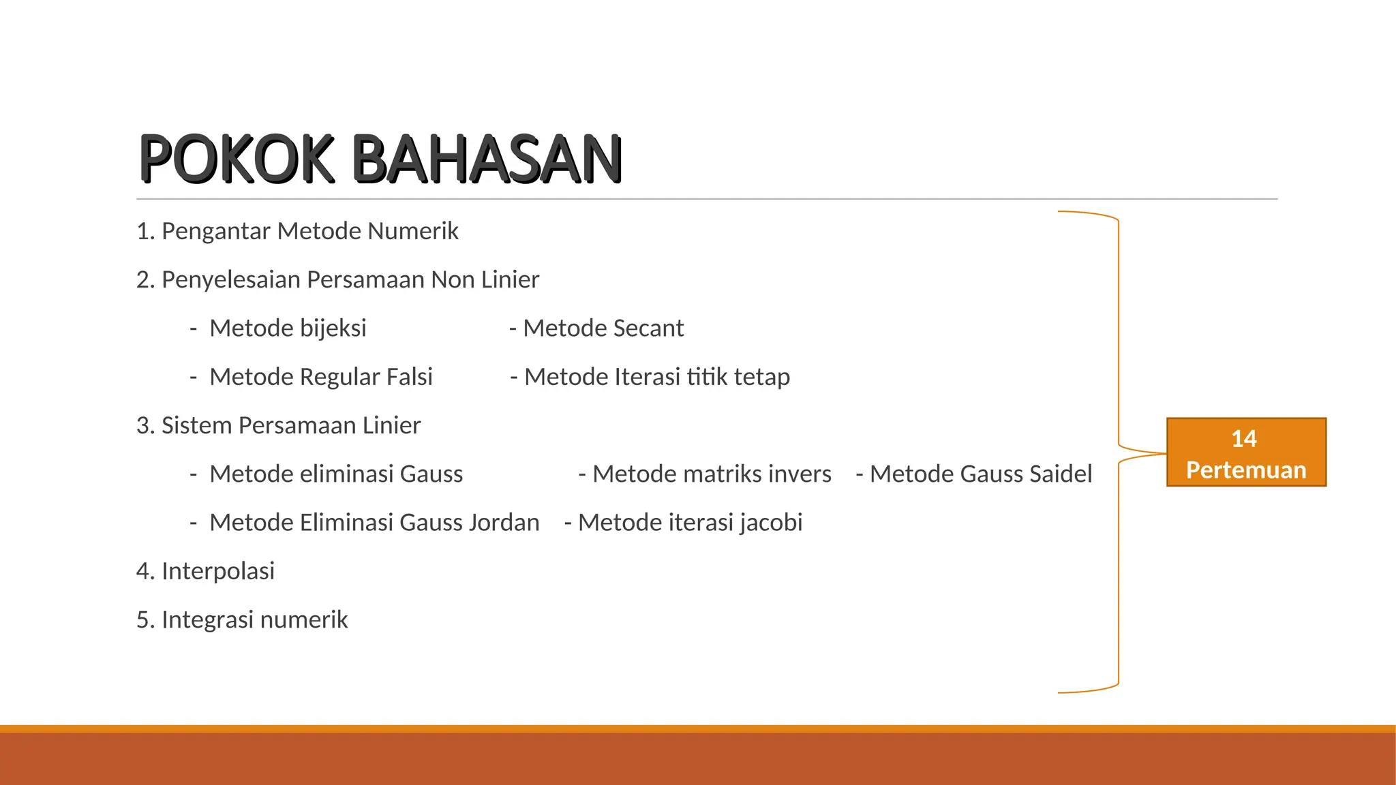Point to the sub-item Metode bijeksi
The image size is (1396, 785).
[288, 328]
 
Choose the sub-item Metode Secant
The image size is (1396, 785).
[603, 328]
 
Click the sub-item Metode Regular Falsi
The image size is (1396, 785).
[320, 377]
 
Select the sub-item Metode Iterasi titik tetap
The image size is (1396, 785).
[656, 377]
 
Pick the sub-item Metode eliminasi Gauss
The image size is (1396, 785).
[336, 474]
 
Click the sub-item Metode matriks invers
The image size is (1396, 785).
[711, 474]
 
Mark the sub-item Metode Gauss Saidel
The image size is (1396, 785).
[980, 474]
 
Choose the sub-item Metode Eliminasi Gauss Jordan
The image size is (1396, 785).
[374, 523]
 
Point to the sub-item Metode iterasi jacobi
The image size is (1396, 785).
[689, 523]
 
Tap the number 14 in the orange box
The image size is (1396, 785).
[1244, 438]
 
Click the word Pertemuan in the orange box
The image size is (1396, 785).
[1246, 470]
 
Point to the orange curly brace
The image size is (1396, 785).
[1119, 341]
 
